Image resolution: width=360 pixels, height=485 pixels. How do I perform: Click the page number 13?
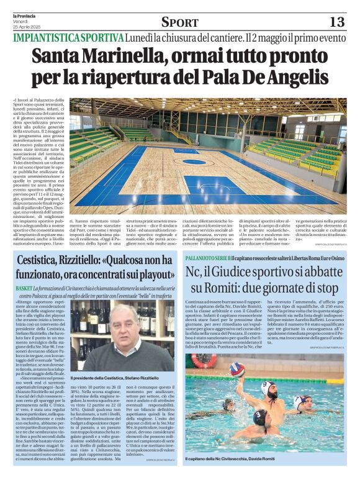(x=336, y=22)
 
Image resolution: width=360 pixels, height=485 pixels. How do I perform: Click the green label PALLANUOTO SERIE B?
(x=208, y=256)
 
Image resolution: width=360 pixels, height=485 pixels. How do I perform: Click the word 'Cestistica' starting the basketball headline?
(x=43, y=260)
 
